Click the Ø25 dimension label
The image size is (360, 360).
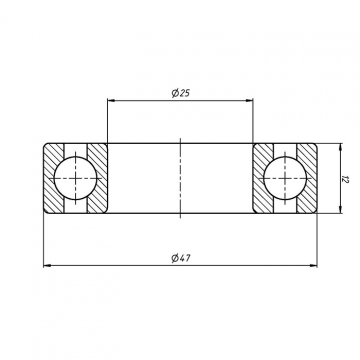click(x=181, y=93)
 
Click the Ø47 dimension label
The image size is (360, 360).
click(x=181, y=258)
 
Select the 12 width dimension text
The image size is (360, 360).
click(x=345, y=179)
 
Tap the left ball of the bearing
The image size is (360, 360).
click(x=75, y=178)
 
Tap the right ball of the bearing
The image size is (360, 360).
click(x=285, y=178)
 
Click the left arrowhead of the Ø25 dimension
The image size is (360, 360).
click(x=111, y=100)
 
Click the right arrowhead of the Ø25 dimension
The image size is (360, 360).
click(x=249, y=100)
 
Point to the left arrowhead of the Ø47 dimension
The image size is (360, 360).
click(x=47, y=265)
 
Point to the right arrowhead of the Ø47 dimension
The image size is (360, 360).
click(x=313, y=265)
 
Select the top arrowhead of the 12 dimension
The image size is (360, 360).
click(x=340, y=147)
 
